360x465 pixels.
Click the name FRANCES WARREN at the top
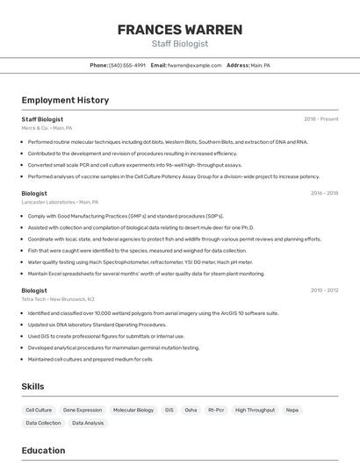pos(180,30)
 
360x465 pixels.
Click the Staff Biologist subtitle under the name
pos(180,44)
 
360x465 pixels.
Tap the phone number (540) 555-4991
pos(128,65)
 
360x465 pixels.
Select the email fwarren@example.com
pos(195,65)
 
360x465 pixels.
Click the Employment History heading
pos(65,100)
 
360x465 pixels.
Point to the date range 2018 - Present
pos(321,119)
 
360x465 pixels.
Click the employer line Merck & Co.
pos(47,128)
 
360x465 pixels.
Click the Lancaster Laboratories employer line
pos(60,202)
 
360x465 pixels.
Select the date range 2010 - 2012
pos(324,290)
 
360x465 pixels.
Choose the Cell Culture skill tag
pos(39,410)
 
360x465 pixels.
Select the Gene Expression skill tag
pos(83,410)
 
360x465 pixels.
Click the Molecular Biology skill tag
pos(133,410)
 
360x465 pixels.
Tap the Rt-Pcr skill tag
pos(215,410)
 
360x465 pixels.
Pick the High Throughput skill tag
pos(255,410)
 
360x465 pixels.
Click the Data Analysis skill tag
pos(88,423)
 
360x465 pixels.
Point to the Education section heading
pos(44,451)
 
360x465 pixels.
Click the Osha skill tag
pos(191,410)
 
